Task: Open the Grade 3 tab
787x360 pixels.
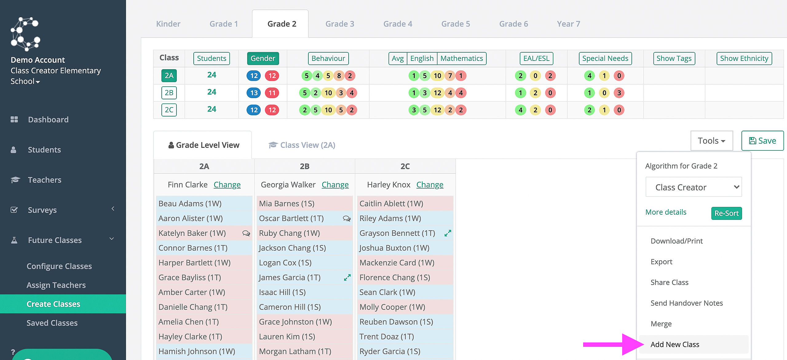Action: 340,24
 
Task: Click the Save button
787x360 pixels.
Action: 762,141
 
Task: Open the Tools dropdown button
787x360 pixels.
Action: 712,141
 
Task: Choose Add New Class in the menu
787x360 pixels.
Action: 675,344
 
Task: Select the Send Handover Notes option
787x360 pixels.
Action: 686,303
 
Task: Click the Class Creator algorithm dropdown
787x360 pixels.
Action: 694,187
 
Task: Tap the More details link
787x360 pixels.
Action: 666,212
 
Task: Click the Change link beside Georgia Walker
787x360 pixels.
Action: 335,184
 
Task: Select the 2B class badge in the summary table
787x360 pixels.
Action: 169,93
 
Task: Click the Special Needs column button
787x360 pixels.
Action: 605,58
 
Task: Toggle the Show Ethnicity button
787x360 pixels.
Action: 744,58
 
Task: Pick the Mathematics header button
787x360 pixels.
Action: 462,58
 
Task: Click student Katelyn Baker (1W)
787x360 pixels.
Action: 192,233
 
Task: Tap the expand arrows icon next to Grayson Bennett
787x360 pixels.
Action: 448,233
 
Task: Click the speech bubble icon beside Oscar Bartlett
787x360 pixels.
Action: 347,219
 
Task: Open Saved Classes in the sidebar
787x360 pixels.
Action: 52,323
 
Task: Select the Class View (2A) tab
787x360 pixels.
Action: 302,145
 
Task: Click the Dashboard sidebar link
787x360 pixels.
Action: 48,120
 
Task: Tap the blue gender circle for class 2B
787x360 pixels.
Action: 254,93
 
